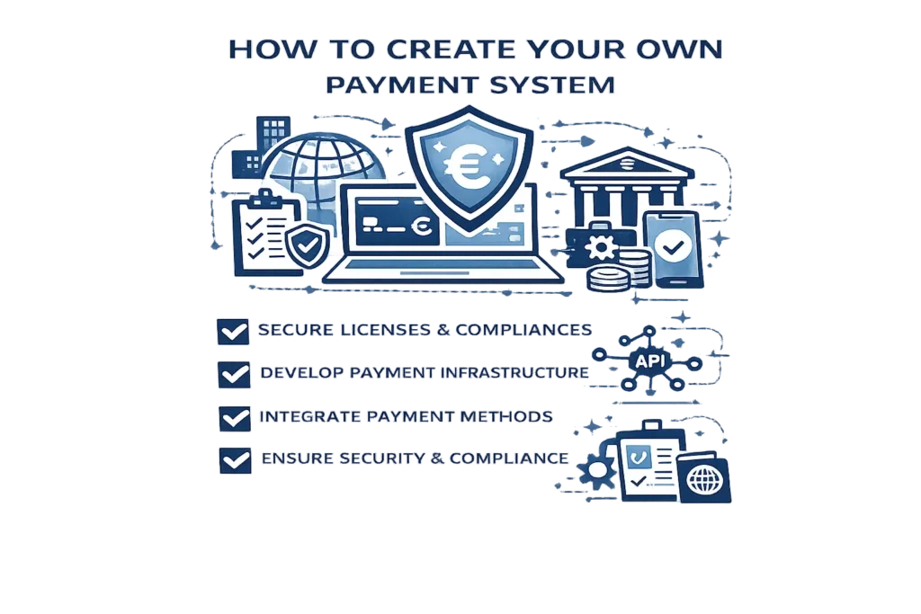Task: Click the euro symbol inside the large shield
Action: (x=467, y=165)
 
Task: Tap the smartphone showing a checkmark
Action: (x=673, y=250)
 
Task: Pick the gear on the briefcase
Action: (x=600, y=247)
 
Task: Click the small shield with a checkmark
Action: (x=308, y=245)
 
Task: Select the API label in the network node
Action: (x=649, y=361)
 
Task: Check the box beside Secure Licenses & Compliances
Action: (x=233, y=332)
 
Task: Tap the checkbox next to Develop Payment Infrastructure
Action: (x=234, y=375)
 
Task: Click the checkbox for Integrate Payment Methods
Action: (x=235, y=419)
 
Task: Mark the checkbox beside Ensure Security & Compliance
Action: (x=235, y=460)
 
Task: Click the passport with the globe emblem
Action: (x=703, y=478)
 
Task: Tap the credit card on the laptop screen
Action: (x=397, y=223)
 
